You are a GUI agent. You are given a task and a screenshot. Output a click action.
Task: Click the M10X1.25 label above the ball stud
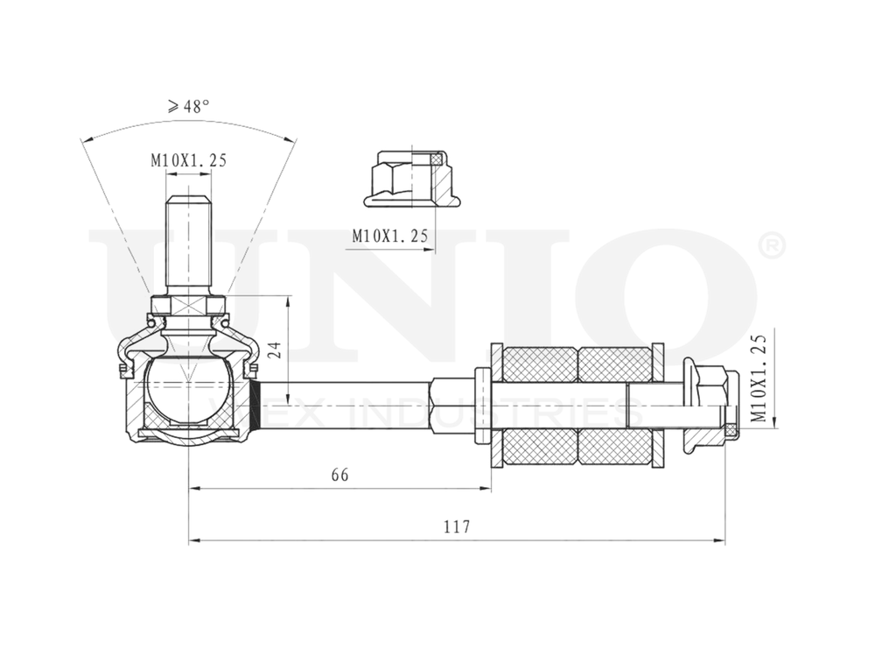click(x=188, y=160)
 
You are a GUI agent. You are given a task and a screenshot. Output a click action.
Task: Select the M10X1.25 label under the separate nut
click(x=389, y=235)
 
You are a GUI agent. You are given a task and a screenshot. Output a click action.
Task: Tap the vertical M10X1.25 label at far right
click(x=759, y=378)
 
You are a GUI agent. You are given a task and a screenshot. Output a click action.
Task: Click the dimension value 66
click(x=339, y=475)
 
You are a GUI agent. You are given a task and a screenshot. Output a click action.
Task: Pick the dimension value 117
click(x=456, y=527)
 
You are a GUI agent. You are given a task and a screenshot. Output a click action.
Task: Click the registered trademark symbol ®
click(x=773, y=246)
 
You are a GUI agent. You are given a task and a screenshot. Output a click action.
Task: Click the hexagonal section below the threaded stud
click(x=188, y=307)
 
